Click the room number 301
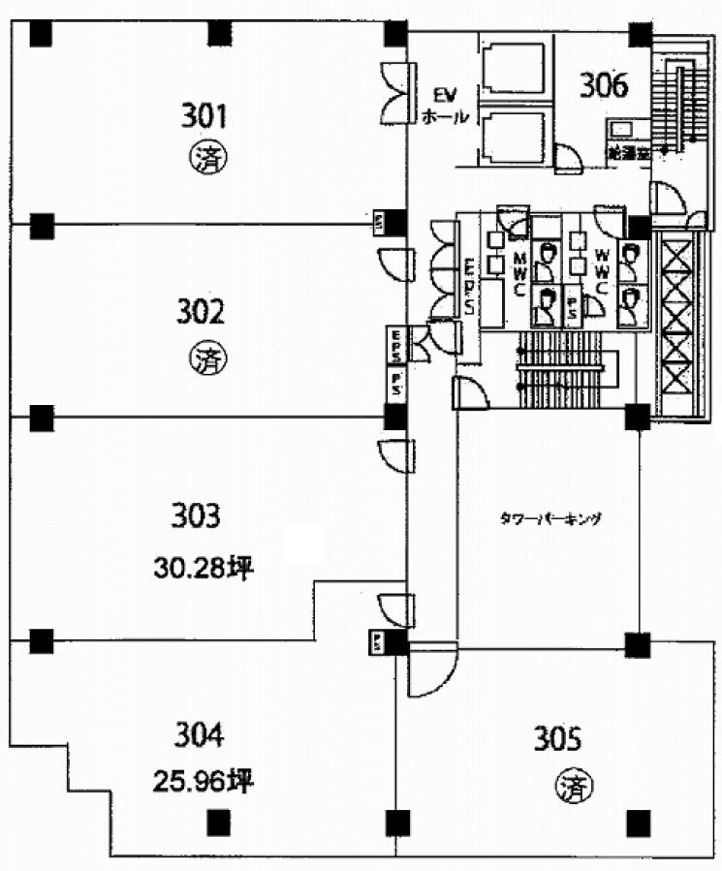pos(204,117)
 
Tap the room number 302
pos(201,312)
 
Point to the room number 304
pos(199,736)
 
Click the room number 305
pos(557,741)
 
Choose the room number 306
pos(605,86)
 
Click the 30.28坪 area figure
pos(203,569)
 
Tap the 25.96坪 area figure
pos(203,780)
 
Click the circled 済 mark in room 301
pos(204,156)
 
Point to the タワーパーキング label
pos(550,518)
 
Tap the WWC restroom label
pos(601,274)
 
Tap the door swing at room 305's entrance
pos(429,670)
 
